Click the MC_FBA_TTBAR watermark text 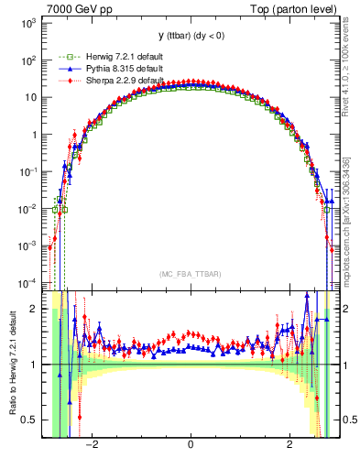tap(190, 274)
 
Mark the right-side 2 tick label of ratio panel tap(344, 309)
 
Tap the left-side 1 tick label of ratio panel tap(34, 365)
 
